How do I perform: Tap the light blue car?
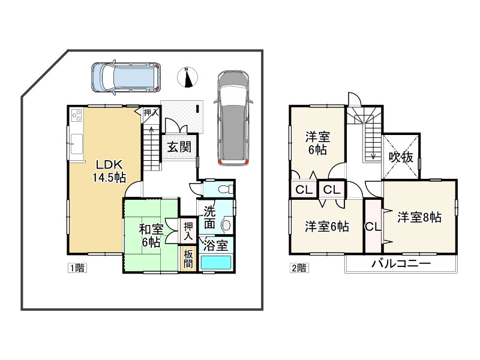(125, 77)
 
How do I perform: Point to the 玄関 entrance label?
(178, 146)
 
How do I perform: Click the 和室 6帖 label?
(151, 235)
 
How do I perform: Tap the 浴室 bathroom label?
(215, 245)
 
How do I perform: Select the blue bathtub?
(216, 263)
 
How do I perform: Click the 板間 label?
(188, 259)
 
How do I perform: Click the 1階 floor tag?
(77, 268)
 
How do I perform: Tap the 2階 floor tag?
(299, 268)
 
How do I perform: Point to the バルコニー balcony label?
(401, 263)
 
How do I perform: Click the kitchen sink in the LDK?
(77, 144)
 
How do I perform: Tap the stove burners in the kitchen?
(77, 116)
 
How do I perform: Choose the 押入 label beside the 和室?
(188, 230)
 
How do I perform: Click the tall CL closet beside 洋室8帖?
(372, 227)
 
